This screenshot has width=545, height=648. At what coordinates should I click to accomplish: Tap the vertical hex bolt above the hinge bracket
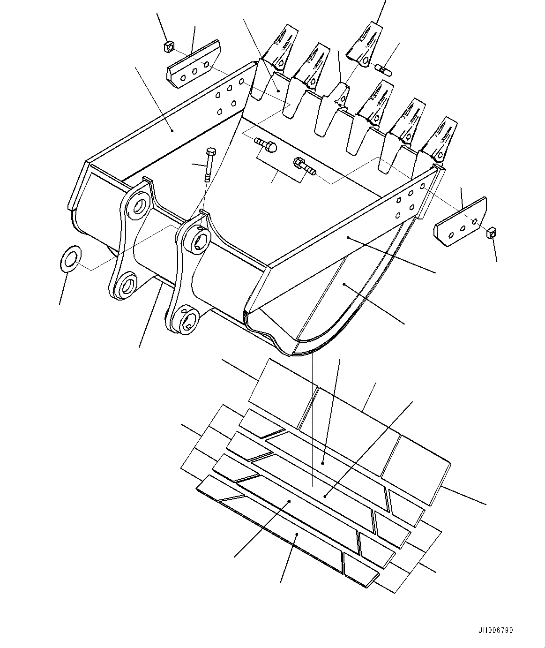click(x=209, y=164)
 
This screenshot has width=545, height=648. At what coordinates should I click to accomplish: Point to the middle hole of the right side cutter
click(x=463, y=228)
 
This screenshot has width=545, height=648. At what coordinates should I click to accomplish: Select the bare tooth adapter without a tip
click(x=333, y=109)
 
